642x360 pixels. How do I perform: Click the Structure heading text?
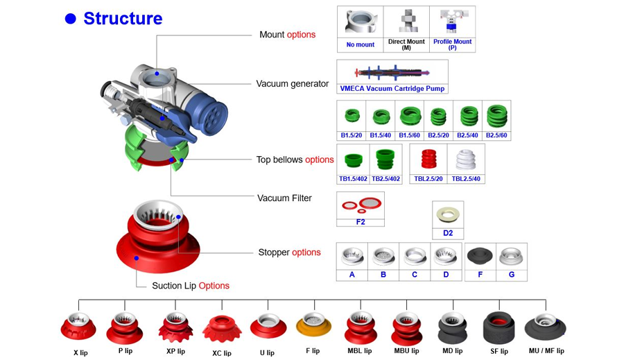[x=123, y=19]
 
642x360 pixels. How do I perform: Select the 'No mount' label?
[x=360, y=44]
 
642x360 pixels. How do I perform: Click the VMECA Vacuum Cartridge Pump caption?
[x=392, y=89]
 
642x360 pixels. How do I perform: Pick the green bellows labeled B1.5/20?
[x=352, y=116]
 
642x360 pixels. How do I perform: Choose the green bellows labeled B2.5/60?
[x=496, y=115]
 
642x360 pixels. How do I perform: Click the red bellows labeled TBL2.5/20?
[x=428, y=160]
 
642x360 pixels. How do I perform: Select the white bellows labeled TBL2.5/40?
[x=466, y=160]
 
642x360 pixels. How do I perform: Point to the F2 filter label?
[x=360, y=222]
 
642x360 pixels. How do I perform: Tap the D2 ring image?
[x=447, y=214]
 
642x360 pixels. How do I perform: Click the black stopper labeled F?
[x=479, y=256]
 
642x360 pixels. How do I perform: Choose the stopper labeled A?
[x=352, y=257]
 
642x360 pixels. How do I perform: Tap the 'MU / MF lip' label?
[x=546, y=351]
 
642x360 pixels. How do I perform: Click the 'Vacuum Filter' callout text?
[x=284, y=198]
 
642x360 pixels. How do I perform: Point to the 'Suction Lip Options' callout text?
[x=191, y=286]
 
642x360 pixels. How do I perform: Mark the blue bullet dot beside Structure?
[x=70, y=19]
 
